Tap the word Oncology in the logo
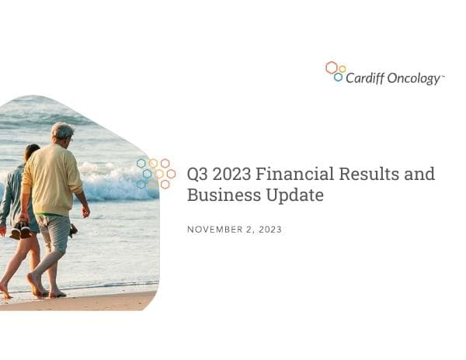[413, 79]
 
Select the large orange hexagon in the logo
[332, 67]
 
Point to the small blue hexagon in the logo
[338, 77]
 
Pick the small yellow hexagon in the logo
[342, 69]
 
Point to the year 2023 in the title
[232, 174]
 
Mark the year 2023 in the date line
[270, 230]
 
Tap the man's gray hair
[63, 130]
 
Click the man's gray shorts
[54, 233]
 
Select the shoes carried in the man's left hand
[73, 230]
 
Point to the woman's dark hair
[32, 152]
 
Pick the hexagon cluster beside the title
[155, 173]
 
